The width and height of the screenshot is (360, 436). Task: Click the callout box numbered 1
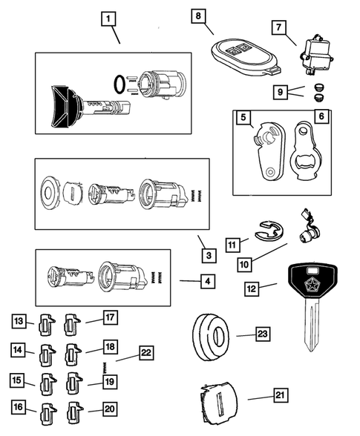[x=109, y=17]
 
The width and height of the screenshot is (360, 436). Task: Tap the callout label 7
[x=279, y=27]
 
